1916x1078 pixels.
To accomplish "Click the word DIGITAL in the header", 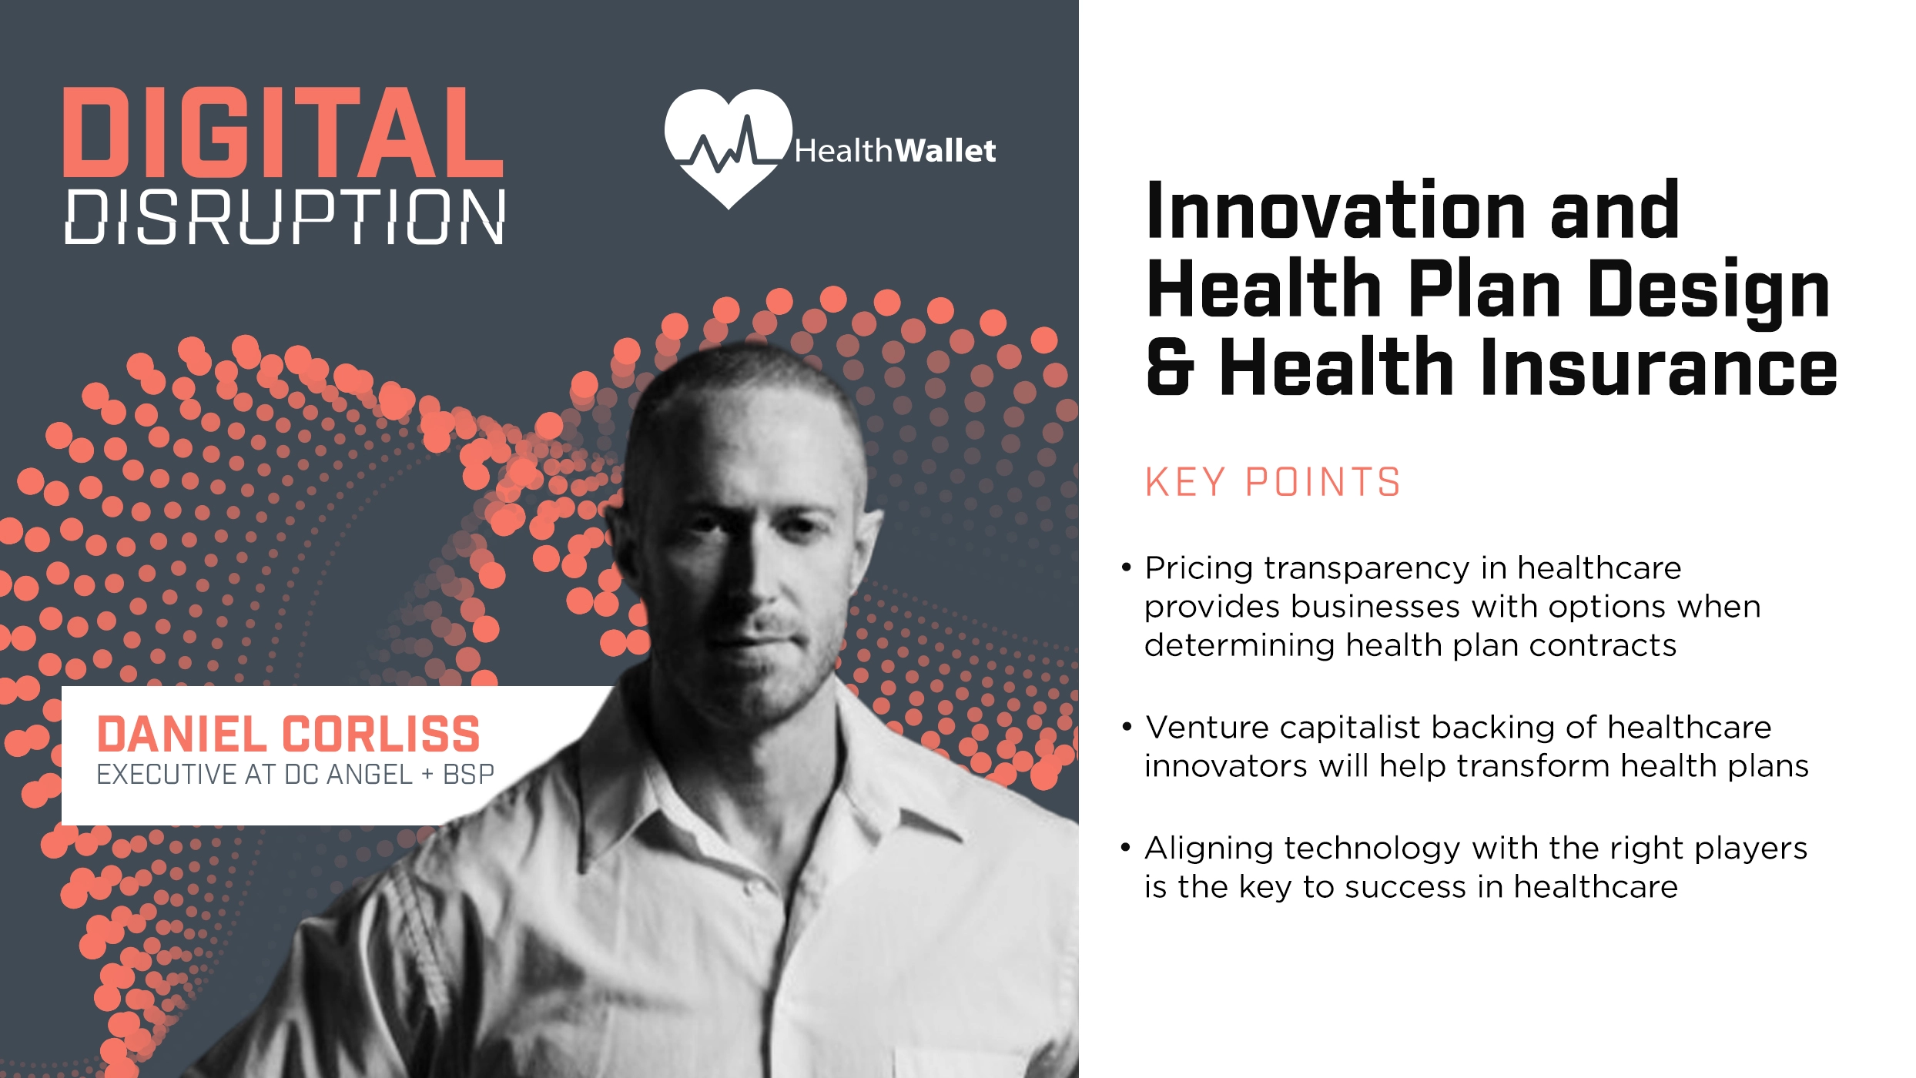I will pyautogui.click(x=283, y=132).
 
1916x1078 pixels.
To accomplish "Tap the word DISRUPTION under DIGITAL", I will pyautogui.click(x=285, y=217).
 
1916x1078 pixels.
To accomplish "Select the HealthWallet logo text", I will pyautogui.click(x=895, y=151).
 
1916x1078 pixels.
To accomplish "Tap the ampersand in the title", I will pyautogui.click(x=1170, y=368).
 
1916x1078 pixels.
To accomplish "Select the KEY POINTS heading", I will pyautogui.click(x=1272, y=483).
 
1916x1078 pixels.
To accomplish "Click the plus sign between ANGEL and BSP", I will pyautogui.click(x=427, y=775).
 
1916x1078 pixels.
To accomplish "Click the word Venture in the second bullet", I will pyautogui.click(x=1206, y=728).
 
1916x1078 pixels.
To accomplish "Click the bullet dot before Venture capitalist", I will pyautogui.click(x=1127, y=726).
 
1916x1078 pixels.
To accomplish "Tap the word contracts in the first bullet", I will pyautogui.click(x=1603, y=645).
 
